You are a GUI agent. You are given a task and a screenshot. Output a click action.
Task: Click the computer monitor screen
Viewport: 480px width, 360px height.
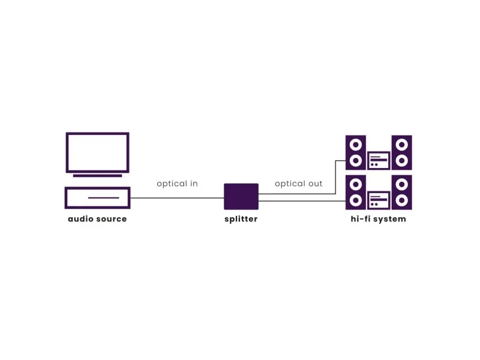tap(97, 152)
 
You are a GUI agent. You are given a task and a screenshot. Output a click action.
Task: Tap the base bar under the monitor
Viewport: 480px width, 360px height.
tap(97, 175)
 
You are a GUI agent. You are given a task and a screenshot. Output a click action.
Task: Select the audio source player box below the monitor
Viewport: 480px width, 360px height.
tap(97, 198)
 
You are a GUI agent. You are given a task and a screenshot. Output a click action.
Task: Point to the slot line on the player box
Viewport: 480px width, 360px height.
tap(103, 197)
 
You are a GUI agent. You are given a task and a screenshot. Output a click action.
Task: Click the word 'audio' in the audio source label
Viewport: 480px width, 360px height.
tap(80, 219)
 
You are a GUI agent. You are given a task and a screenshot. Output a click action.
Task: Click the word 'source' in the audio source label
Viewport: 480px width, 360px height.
tap(111, 219)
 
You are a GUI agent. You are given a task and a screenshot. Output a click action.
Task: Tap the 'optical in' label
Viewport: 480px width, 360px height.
tap(177, 184)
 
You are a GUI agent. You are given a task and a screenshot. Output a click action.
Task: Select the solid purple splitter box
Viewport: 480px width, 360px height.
tap(241, 196)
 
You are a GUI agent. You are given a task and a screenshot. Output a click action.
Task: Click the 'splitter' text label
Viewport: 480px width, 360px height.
tap(241, 219)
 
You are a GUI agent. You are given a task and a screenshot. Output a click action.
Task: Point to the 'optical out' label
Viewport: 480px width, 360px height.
tap(299, 184)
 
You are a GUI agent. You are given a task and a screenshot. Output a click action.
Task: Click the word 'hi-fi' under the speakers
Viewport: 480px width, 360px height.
tap(362, 219)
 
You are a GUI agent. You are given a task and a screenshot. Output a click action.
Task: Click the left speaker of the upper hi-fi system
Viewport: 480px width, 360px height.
tap(356, 152)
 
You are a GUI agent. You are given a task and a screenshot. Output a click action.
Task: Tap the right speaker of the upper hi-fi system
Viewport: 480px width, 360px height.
tap(401, 152)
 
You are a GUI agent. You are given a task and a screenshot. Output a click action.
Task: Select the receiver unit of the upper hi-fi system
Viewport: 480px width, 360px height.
tap(379, 160)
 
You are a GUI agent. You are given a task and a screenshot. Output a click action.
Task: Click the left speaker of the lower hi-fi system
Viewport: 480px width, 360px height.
tap(356, 193)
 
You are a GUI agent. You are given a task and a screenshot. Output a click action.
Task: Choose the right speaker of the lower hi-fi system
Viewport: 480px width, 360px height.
tap(401, 193)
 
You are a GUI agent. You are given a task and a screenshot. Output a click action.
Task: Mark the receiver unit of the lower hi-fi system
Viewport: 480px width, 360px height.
tap(379, 200)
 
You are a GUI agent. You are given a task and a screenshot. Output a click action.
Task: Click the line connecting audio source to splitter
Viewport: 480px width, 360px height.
tap(177, 198)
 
